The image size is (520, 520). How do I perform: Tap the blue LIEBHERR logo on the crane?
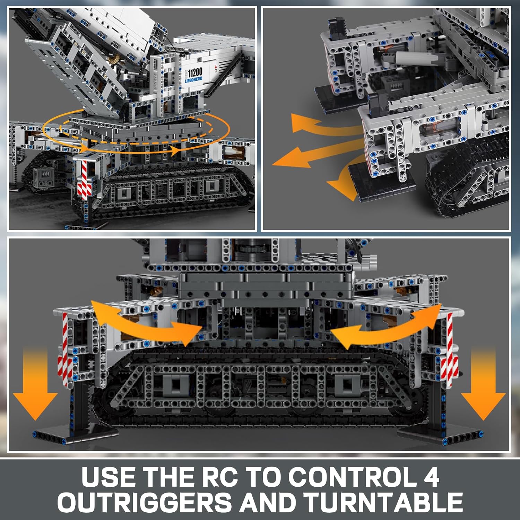(x=193, y=80)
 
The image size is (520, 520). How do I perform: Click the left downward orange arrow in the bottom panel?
(x=35, y=385)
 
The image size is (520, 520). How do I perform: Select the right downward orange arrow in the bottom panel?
(x=483, y=385)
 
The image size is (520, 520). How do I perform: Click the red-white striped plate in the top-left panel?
(x=85, y=179)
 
